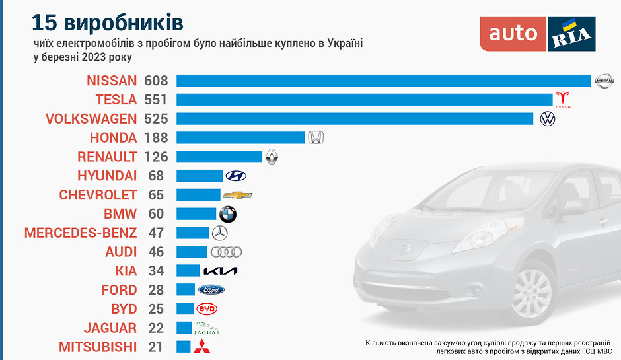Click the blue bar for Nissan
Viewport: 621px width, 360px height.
(383, 81)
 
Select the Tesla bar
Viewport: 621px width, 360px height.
(364, 100)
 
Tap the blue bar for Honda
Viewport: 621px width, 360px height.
(240, 137)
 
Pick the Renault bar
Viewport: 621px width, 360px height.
(219, 157)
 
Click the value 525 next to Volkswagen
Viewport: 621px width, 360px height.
(156, 119)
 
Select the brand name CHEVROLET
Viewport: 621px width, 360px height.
(98, 195)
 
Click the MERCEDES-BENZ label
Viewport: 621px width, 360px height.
(81, 233)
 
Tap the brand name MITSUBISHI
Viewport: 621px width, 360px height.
(98, 347)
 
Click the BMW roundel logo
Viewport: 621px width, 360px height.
(227, 214)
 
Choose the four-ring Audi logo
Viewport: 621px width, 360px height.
(226, 252)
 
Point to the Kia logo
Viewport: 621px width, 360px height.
(220, 271)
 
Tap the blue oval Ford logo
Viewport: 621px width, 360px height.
(211, 290)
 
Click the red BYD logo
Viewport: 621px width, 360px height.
(207, 308)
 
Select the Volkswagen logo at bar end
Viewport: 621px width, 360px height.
(547, 119)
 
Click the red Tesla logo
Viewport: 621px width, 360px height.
(563, 100)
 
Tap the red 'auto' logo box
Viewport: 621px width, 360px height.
(513, 34)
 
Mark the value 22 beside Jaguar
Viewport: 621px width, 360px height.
(156, 328)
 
